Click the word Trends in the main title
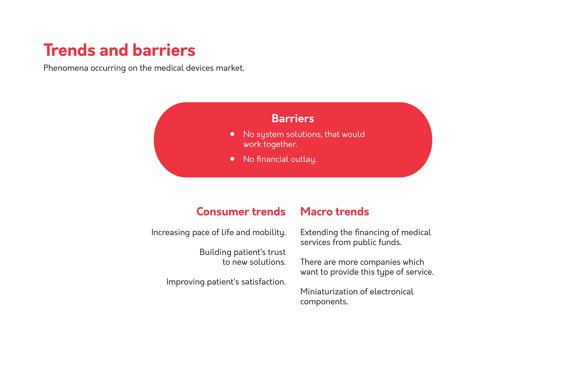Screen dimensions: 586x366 point(70,50)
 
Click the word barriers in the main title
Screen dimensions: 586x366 point(164,50)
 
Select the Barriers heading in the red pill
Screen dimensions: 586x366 point(293,118)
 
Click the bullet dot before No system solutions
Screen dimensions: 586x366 point(232,134)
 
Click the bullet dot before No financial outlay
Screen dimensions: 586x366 point(232,159)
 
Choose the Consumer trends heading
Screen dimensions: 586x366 point(241,212)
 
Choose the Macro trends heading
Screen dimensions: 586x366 point(335,212)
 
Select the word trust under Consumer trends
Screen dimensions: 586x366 point(277,252)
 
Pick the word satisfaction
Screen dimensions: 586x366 point(263,282)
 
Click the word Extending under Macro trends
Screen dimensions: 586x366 point(319,233)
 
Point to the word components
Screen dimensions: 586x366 point(324,302)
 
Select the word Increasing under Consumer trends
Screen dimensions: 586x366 point(171,233)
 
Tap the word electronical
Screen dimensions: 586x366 point(392,292)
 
